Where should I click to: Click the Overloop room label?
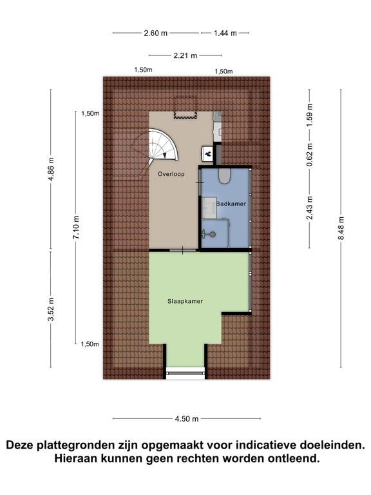point(171,174)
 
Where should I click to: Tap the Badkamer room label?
point(231,204)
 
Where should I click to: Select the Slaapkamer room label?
point(185,301)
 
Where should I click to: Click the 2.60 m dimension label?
point(155,33)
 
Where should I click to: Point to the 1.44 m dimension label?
point(225,33)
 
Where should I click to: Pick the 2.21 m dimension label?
point(185,55)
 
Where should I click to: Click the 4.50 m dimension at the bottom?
point(187,418)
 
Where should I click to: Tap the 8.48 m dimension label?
point(341,228)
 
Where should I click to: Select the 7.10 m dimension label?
point(76,228)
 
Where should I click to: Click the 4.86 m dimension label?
point(51,169)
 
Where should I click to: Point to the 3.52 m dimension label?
point(51,309)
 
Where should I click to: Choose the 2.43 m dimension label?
point(309,208)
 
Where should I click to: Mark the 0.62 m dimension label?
point(309,155)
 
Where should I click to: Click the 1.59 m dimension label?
point(309,115)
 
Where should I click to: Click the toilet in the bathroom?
point(225,176)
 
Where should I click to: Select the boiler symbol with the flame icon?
point(207,155)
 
